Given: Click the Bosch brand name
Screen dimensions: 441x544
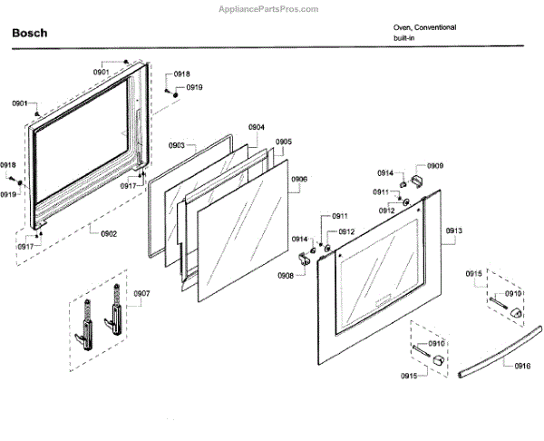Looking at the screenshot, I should coord(30,33).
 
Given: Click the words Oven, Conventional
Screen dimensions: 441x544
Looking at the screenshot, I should coord(424,27).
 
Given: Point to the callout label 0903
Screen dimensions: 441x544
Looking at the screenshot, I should coord(176,145).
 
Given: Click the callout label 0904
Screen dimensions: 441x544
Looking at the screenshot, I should coord(257,128).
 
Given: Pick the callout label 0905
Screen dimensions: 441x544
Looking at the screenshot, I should coord(284,142).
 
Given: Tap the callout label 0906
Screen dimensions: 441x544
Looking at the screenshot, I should coord(299,180).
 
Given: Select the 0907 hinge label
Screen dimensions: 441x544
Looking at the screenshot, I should coord(141,293).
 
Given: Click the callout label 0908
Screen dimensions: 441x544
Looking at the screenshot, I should coord(286,275).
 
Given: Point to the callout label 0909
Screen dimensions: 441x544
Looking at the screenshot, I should coord(435,166).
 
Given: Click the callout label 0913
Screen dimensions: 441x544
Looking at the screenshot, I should coord(454,231).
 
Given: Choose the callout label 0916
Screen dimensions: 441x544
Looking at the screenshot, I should coord(522,366).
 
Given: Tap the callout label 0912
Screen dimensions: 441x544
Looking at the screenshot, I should coord(386,211).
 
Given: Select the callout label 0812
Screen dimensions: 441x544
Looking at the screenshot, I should coord(346,231).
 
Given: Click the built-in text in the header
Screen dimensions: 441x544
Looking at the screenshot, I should coord(404,39).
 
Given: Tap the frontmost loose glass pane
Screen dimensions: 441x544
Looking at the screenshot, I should coord(240,227).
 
